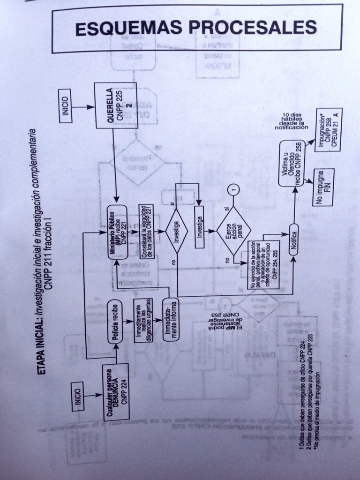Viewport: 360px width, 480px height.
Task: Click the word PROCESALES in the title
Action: pos(253,27)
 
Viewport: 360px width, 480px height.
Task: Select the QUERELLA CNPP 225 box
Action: pos(116,105)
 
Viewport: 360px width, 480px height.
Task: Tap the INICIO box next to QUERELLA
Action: pos(65,106)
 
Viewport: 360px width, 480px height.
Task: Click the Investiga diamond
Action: pos(177,231)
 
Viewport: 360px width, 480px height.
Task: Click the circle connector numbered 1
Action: pos(233,190)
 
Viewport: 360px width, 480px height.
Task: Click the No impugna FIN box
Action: pos(323,187)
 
